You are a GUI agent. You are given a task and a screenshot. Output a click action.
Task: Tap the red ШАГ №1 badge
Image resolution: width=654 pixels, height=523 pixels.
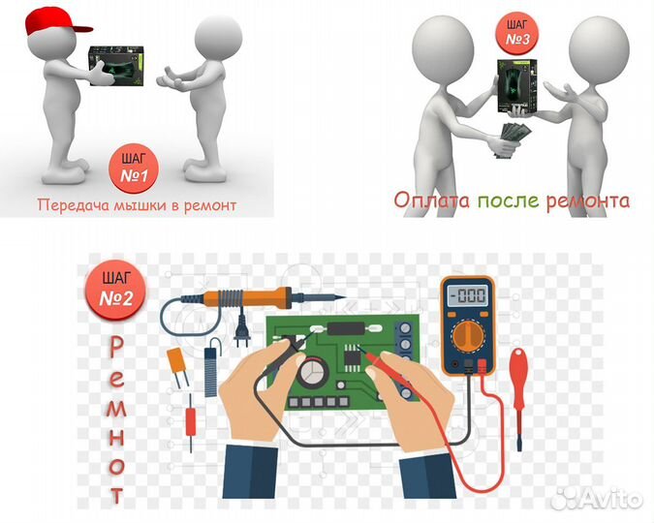click(x=134, y=169)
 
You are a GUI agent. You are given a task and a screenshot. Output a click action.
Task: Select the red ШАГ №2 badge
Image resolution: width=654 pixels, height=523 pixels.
click(x=116, y=291)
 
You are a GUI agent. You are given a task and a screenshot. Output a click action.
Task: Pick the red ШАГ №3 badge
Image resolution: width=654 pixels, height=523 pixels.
click(x=517, y=33)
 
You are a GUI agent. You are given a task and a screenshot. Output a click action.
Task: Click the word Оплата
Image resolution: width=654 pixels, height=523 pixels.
click(x=431, y=200)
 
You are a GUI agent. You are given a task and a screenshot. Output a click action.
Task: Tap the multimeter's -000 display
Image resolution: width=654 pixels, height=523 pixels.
click(x=468, y=295)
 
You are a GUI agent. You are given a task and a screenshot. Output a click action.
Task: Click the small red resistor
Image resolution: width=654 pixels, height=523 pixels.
click(x=191, y=421)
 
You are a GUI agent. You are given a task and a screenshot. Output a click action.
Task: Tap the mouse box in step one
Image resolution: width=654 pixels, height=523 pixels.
click(x=116, y=66)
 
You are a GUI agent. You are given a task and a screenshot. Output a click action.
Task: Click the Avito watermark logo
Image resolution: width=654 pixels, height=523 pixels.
click(x=597, y=498)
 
